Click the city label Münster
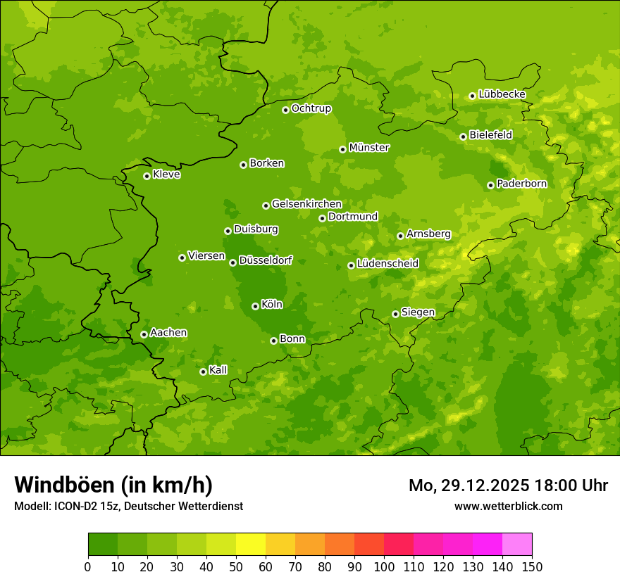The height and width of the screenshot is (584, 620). tap(369, 148)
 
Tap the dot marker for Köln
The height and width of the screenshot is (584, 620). tap(255, 306)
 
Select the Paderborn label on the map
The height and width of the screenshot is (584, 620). tap(521, 184)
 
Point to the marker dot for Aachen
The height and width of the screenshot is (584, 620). tap(144, 334)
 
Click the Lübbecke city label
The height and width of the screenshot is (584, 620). tap(502, 94)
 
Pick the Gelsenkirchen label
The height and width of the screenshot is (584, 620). tap(306, 204)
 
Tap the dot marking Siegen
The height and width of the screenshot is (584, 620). tap(395, 314)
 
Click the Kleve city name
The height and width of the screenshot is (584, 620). tap(166, 174)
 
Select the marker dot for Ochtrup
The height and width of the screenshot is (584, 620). tap(285, 110)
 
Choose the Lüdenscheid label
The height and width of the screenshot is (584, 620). tap(387, 264)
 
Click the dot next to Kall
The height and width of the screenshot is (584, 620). tap(203, 372)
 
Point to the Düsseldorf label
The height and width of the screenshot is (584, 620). tap(266, 260)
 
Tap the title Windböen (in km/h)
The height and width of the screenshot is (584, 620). tap(113, 485)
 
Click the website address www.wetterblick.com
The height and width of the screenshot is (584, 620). tap(508, 506)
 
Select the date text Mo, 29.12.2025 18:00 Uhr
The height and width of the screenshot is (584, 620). tap(508, 485)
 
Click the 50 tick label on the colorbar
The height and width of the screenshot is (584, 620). tap(236, 566)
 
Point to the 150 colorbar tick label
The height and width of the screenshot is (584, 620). tap(532, 566)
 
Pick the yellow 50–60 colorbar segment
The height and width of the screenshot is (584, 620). tap(251, 545)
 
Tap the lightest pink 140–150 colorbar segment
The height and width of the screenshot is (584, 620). tap(517, 545)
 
